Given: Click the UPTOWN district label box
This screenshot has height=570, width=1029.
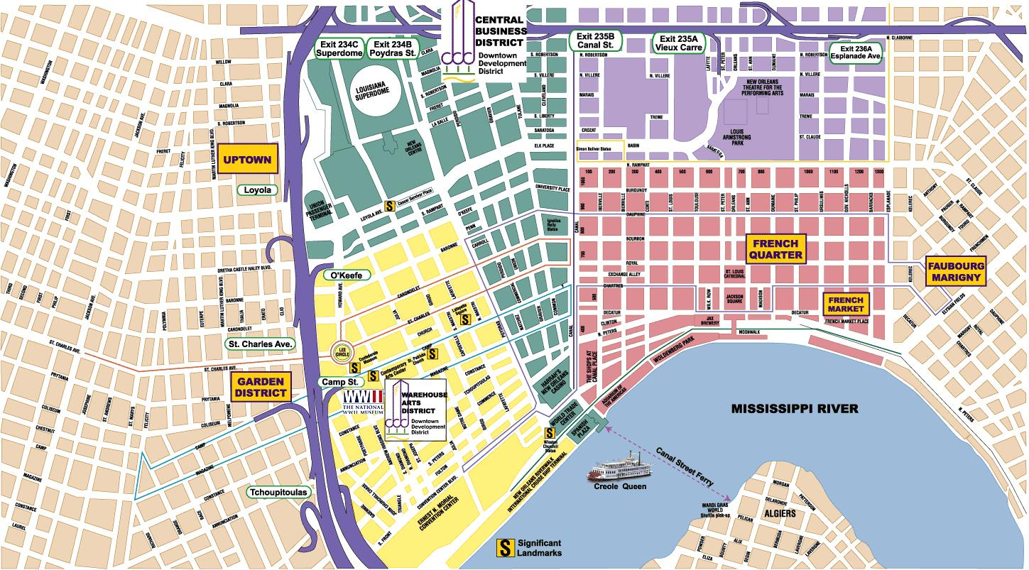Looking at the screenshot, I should pos(246,160).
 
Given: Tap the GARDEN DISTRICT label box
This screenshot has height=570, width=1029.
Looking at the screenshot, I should pos(261,386).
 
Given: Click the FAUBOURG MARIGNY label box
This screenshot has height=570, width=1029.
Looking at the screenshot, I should pos(957,272).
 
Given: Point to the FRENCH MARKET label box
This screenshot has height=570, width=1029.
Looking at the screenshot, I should pos(846,305).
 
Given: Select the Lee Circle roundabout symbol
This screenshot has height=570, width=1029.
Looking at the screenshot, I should pos(343,351).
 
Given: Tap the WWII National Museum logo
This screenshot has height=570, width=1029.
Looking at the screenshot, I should pos(364,402).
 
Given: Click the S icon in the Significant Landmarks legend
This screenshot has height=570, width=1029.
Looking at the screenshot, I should pos(505,547).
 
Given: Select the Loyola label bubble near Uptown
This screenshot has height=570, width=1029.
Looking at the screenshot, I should pos(258,190).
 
